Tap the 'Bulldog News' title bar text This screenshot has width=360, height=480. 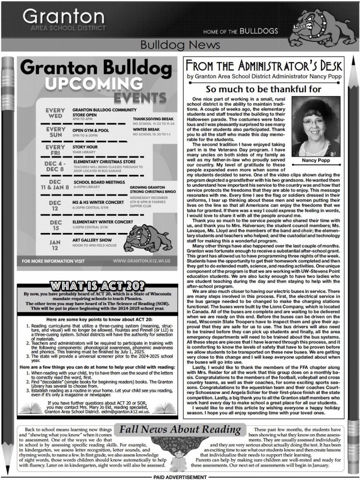pos(180,45)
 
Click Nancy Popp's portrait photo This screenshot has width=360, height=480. pos(315,126)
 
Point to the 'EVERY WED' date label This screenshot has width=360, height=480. pos(56,113)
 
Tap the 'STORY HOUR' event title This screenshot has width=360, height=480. pos(85,147)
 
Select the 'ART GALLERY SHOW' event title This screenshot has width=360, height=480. pos(92,239)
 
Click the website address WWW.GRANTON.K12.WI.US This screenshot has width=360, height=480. pos(144,261)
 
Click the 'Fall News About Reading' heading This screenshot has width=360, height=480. pos(180,429)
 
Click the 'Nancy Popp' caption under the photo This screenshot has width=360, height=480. pos(315,160)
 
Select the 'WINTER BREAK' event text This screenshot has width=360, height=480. pos(146,130)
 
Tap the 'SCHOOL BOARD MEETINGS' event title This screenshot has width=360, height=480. pos(98,183)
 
